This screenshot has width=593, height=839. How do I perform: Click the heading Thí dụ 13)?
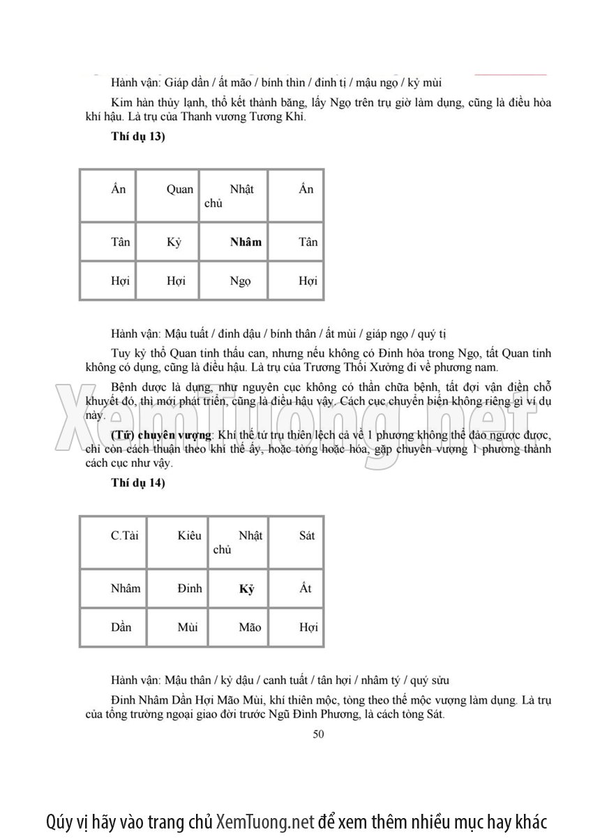pyautogui.click(x=137, y=136)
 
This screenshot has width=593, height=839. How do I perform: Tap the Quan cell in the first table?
pyautogui.click(x=180, y=189)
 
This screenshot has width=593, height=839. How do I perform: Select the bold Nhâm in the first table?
pyautogui.click(x=246, y=242)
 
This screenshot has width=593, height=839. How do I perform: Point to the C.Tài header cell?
pyautogui.click(x=125, y=535)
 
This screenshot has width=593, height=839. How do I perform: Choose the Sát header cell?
pyautogui.click(x=306, y=535)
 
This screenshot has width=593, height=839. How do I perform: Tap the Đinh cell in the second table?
pyautogui.click(x=189, y=588)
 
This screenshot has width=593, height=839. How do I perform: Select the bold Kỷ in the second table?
pyautogui.click(x=246, y=589)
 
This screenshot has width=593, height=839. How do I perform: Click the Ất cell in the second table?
pyautogui.click(x=306, y=588)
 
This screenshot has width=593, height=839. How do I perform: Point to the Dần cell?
pyautogui.click(x=121, y=628)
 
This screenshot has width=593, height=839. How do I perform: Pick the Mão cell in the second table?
pyautogui.click(x=250, y=628)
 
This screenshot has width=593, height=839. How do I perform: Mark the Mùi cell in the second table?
pyautogui.click(x=188, y=628)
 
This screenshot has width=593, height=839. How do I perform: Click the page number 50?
pyautogui.click(x=319, y=734)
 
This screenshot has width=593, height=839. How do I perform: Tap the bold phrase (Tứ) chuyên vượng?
pyautogui.click(x=161, y=435)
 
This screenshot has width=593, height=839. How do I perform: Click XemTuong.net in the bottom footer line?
pyautogui.click(x=266, y=821)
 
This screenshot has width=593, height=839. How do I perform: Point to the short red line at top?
pyautogui.click(x=511, y=73)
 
